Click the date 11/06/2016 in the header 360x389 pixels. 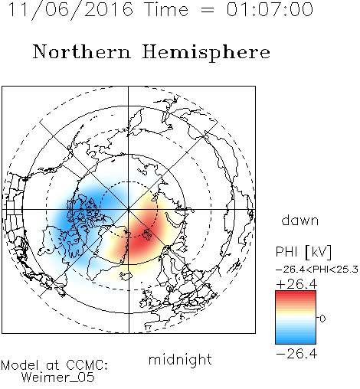[70, 10]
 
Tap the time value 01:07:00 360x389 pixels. [270, 9]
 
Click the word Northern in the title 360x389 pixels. [82, 52]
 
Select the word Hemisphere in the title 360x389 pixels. [206, 53]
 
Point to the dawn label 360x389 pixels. [300, 220]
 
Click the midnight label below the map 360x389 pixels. [180, 359]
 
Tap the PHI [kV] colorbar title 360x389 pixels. [304, 252]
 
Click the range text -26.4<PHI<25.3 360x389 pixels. [317, 270]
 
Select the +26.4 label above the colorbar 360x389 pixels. [297, 284]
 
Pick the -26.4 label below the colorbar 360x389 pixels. [297, 354]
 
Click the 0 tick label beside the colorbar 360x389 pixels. [322, 319]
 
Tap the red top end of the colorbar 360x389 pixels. [296, 293]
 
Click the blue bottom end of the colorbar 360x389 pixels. [296, 342]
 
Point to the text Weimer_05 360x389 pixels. [58, 378]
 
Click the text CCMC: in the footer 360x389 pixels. [87, 365]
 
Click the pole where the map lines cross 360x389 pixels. [129, 210]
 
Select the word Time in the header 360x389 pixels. [166, 9]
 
